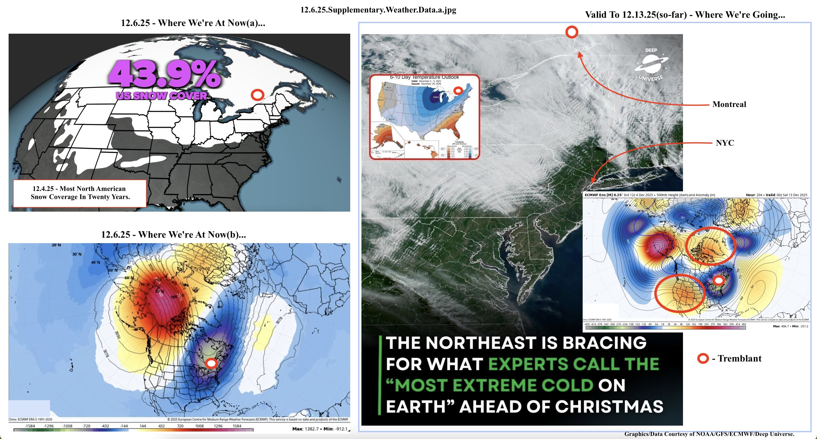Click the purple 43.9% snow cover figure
(164, 74)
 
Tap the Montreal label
(729, 104)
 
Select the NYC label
(725, 143)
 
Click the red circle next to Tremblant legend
(703, 359)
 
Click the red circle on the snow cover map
(258, 95)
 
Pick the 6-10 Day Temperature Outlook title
(424, 77)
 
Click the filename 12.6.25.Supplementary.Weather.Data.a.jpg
(378, 10)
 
